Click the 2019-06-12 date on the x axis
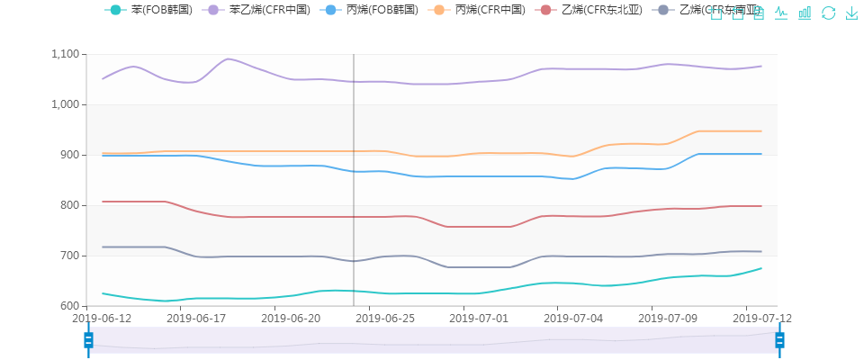(x=102, y=319)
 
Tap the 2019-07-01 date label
(x=480, y=319)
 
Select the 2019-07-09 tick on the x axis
(x=667, y=319)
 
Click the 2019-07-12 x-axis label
(x=761, y=319)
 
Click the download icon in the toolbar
(x=851, y=13)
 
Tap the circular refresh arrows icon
(x=829, y=13)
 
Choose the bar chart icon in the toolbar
(x=805, y=13)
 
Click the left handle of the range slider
(x=88, y=339)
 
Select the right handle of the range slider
(x=779, y=339)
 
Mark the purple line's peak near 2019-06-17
(x=228, y=58)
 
